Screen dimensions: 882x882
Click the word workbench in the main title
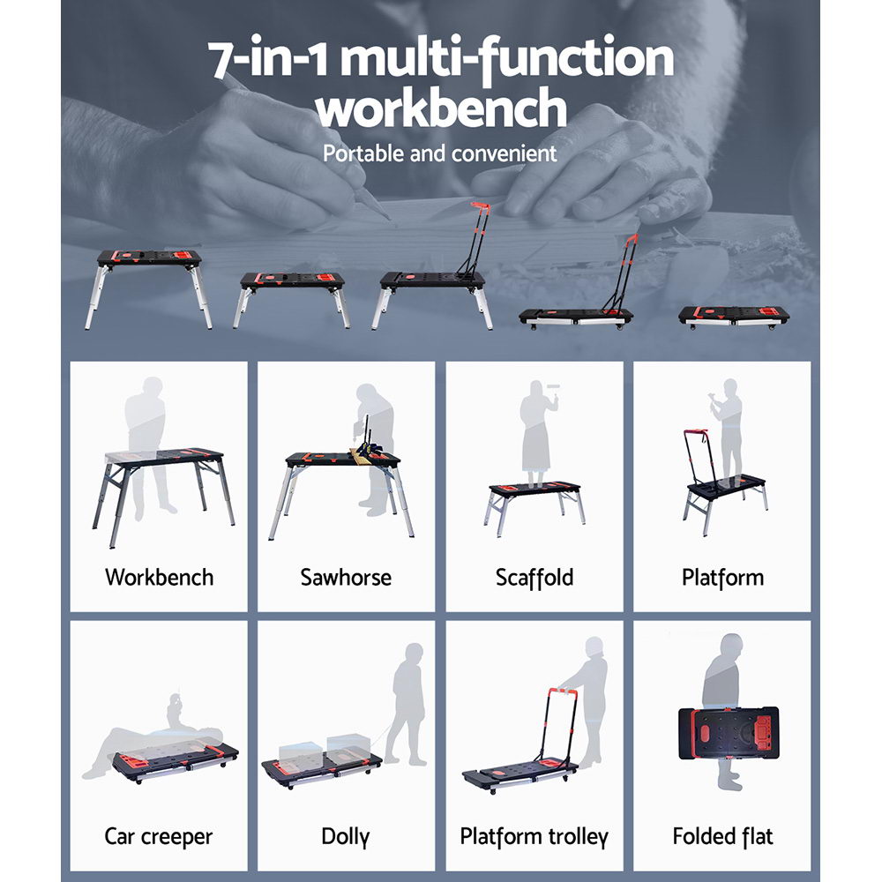tap(441, 109)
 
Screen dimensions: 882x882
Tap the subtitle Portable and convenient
tap(439, 153)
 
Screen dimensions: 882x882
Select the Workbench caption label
tap(159, 578)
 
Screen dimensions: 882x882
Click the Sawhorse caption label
tap(346, 578)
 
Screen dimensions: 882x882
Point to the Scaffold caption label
tap(534, 578)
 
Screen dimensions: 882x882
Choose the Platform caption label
tap(722, 578)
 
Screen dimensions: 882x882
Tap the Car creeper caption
tap(159, 835)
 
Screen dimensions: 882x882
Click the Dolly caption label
tap(346, 835)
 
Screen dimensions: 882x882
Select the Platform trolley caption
tap(534, 835)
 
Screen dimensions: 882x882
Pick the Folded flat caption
tap(722, 835)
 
